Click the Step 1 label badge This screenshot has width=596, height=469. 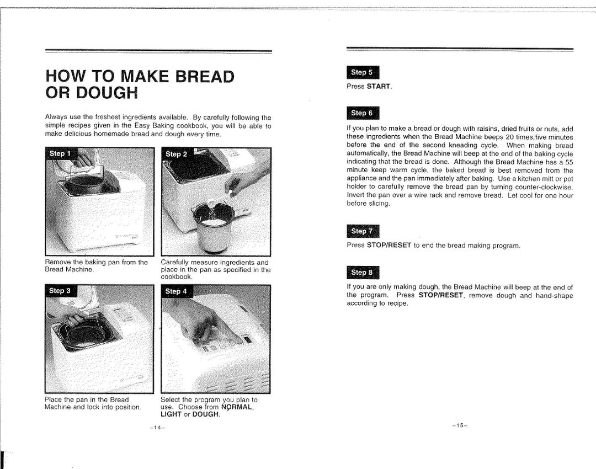pyautogui.click(x=60, y=153)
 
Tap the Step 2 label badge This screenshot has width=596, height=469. pyautogui.click(x=177, y=154)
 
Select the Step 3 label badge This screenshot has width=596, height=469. pyautogui.click(x=60, y=291)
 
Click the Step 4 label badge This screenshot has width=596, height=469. pyautogui.click(x=176, y=291)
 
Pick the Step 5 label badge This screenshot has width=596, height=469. pyautogui.click(x=363, y=72)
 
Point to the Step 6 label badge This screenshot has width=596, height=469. pyautogui.click(x=363, y=113)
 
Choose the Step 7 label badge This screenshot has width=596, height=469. pyautogui.click(x=363, y=231)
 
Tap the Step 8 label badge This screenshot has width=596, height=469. pyautogui.click(x=363, y=272)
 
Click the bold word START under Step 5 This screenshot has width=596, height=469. pyautogui.click(x=379, y=87)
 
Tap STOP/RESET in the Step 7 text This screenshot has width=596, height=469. pyautogui.click(x=389, y=245)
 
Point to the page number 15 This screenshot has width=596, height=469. pyautogui.click(x=459, y=425)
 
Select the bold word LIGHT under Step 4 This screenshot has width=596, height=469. pyautogui.click(x=171, y=414)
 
